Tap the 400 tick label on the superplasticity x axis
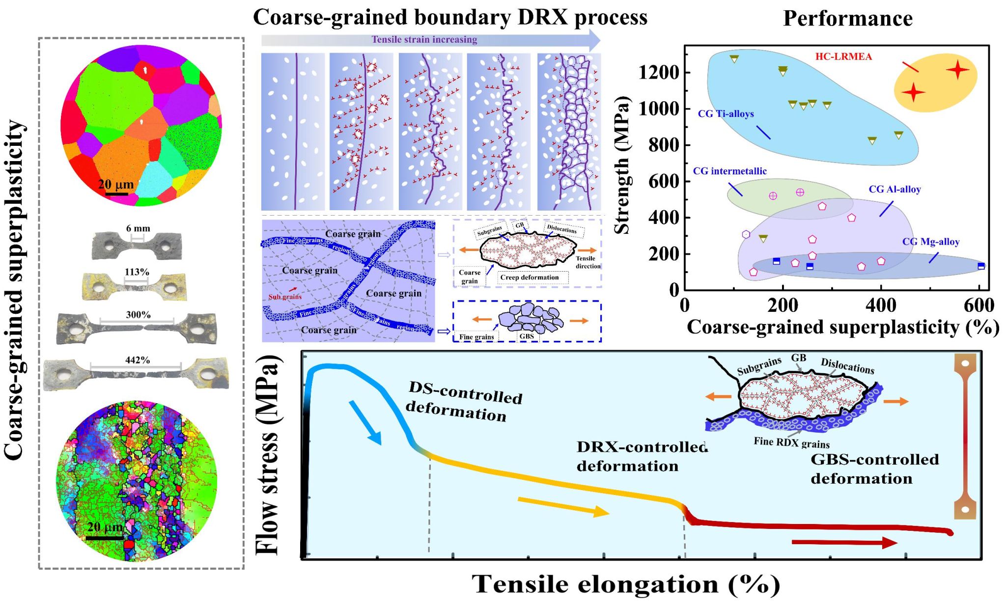881,305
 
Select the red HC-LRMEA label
843,56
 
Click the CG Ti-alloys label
726,114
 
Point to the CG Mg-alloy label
930,242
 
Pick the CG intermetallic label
729,171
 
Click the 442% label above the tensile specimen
138,360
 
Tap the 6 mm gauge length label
138,228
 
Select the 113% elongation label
137,272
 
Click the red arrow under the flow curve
844,542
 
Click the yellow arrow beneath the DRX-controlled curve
563,506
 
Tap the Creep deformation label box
529,277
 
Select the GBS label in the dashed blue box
527,336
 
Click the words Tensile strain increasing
424,39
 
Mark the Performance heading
847,18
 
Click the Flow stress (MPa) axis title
268,454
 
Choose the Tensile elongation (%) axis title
626,584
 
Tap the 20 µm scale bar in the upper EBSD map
116,193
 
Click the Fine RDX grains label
791,442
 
